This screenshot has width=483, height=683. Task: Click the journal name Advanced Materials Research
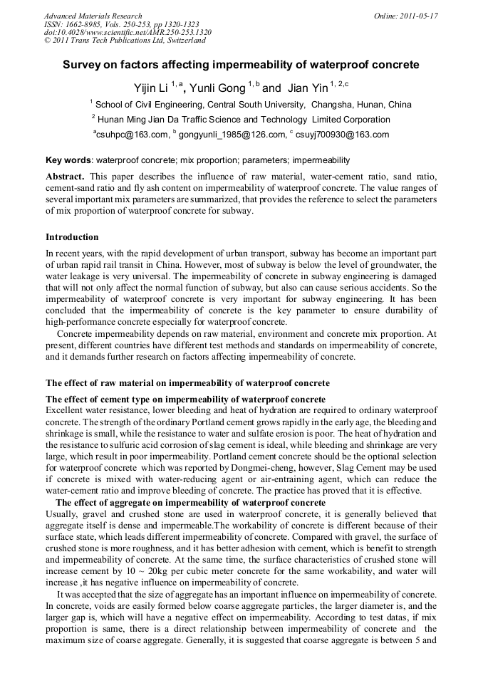coord(93,16)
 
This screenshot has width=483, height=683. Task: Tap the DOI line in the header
coord(128,33)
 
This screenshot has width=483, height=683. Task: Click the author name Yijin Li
coord(151,88)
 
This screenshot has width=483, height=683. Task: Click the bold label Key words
coord(69,160)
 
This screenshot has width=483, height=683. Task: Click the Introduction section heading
coord(72,237)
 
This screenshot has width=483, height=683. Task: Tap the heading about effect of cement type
coord(185,400)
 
